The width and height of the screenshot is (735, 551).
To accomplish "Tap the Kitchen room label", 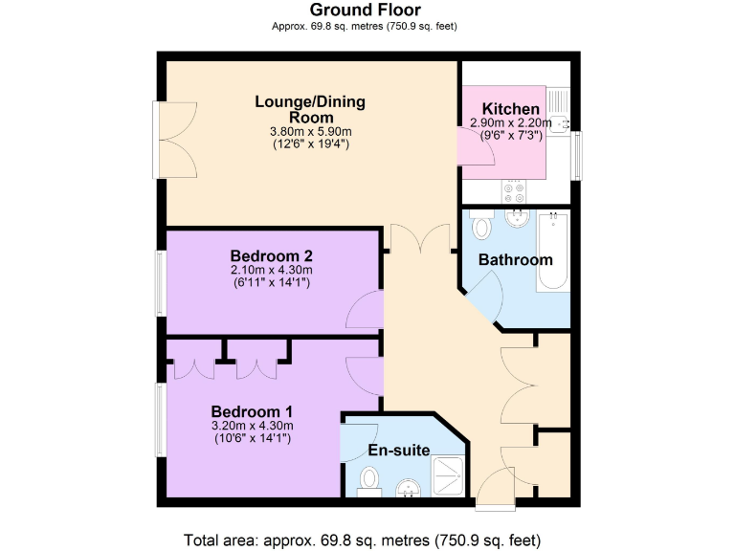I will click(510, 109).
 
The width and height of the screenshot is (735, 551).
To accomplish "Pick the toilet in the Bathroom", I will click(482, 226).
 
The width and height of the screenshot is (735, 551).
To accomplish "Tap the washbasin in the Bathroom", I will click(517, 217).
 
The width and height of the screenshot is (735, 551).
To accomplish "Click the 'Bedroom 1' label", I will click(252, 411).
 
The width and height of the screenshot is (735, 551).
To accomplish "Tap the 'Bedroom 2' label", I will click(272, 256).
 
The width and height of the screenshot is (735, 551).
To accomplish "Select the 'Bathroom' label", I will click(516, 260).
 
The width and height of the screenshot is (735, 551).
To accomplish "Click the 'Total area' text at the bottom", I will click(367, 538).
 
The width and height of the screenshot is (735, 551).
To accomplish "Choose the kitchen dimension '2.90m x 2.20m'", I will click(511, 123).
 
